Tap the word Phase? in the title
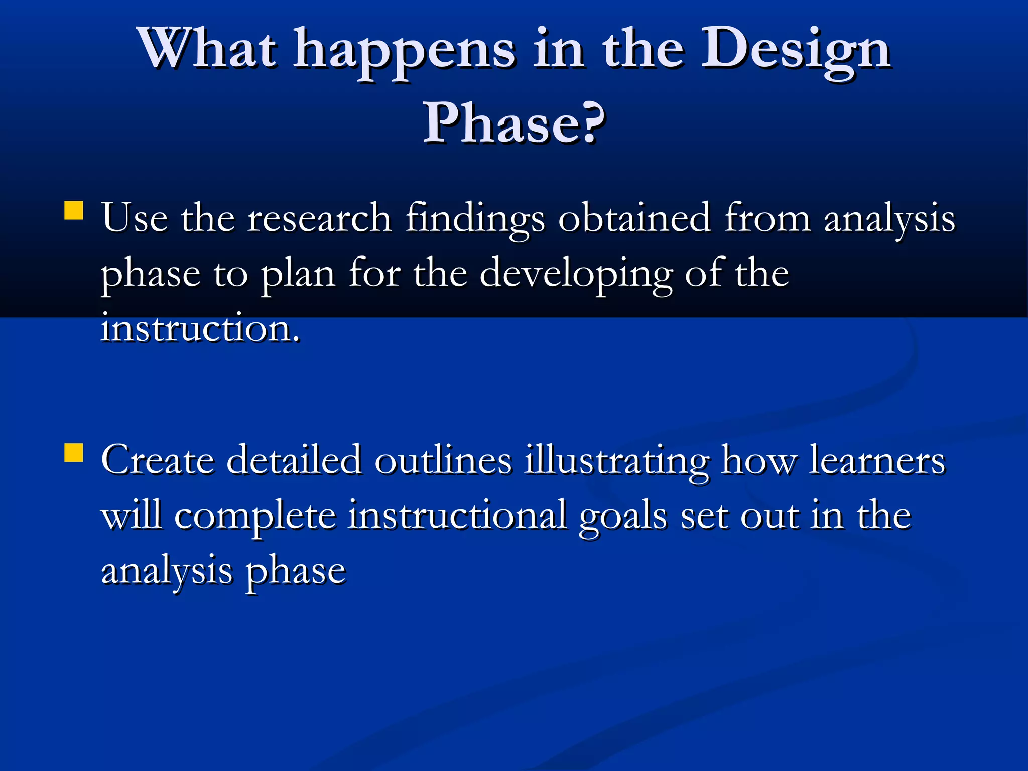[514, 123]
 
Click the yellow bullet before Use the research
[74, 211]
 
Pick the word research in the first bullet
[319, 219]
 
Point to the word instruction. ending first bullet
[201, 328]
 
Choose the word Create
[157, 460]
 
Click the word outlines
[443, 460]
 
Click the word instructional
[457, 515]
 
